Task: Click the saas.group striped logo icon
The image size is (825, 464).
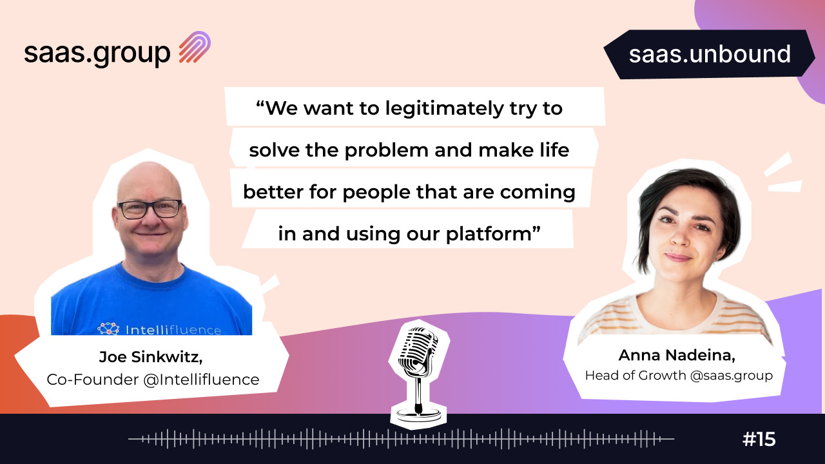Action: click(195, 47)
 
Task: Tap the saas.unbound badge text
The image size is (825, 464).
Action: click(710, 54)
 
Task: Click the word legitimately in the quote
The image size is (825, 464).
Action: click(444, 109)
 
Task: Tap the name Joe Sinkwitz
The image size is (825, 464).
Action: click(151, 357)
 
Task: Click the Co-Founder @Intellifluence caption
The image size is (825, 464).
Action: click(153, 380)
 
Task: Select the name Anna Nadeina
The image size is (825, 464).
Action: click(677, 355)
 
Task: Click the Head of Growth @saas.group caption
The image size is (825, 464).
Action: click(679, 376)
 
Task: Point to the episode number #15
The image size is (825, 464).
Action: click(759, 439)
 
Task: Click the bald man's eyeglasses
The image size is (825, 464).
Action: click(150, 209)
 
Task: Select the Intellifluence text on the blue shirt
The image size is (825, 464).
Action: click(173, 330)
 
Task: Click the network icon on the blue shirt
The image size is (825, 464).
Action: click(109, 329)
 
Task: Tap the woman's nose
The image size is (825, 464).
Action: click(679, 237)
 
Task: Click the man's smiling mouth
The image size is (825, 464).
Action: click(150, 234)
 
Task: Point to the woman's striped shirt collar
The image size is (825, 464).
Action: click(677, 311)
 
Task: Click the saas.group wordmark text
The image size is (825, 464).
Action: click(97, 54)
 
